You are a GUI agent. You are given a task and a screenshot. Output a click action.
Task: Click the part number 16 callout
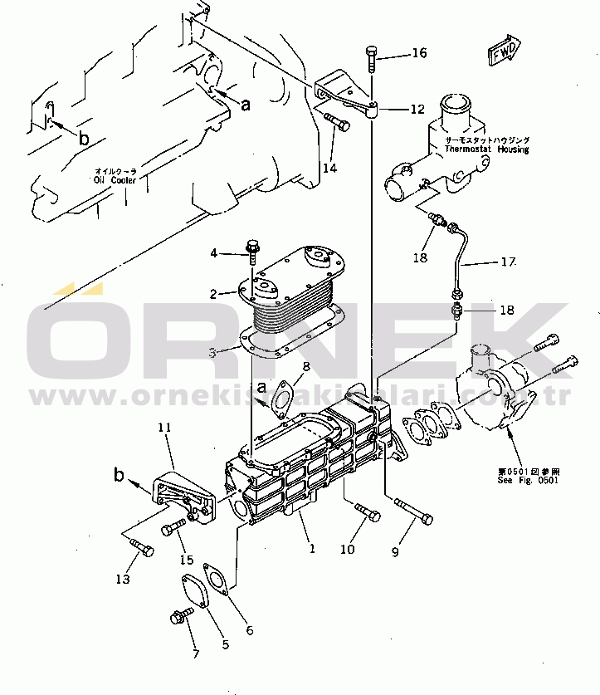click(419, 53)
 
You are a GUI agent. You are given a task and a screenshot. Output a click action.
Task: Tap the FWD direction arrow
click(504, 51)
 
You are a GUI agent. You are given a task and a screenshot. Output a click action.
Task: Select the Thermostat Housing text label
click(486, 145)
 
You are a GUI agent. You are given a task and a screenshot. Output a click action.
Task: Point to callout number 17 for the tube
click(508, 262)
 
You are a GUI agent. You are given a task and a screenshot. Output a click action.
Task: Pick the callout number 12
click(417, 109)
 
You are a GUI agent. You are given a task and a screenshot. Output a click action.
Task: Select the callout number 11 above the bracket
click(163, 427)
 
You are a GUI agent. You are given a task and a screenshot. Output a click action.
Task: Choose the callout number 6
click(249, 630)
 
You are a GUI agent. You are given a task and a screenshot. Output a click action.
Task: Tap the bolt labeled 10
click(366, 513)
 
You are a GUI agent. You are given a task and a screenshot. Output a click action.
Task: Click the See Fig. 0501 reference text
click(522, 474)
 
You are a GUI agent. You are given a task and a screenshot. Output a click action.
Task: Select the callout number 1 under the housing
click(312, 548)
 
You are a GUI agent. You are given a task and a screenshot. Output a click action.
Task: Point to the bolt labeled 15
click(173, 526)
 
